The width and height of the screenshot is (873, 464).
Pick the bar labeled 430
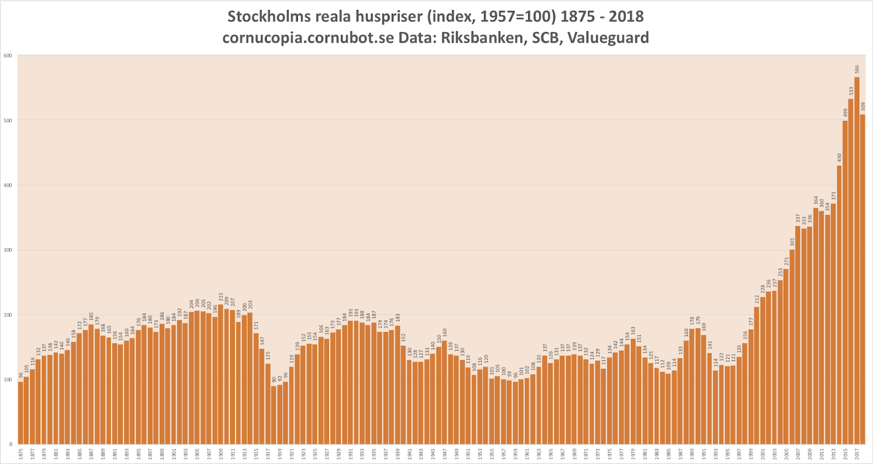click(839, 305)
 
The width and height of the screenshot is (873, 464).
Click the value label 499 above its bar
click(845, 112)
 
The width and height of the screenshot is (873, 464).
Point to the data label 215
click(221, 298)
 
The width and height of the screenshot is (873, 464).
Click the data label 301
click(792, 242)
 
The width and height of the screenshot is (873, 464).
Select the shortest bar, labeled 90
click(274, 415)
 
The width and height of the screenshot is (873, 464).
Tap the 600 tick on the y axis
click(8, 56)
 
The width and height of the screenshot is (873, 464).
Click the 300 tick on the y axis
click(8, 250)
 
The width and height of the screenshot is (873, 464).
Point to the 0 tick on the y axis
click(10, 444)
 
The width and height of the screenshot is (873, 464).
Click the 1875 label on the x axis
click(21, 454)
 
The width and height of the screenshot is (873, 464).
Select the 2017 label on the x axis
click(857, 454)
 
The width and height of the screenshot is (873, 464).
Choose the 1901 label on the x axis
click(174, 454)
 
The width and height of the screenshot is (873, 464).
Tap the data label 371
click(834, 195)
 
